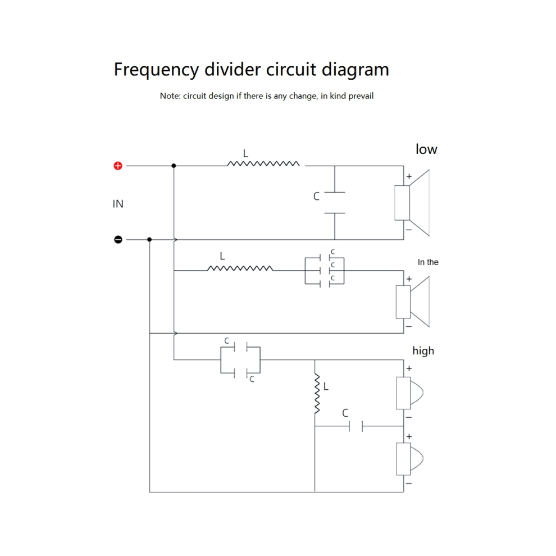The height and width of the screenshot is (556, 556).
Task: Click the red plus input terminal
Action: (x=118, y=166)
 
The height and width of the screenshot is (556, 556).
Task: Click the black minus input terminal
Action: (x=118, y=240)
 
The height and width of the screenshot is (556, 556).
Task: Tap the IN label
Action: (x=118, y=204)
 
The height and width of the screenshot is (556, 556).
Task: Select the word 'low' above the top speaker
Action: (x=426, y=149)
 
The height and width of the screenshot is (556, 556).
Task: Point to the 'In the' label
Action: (x=428, y=262)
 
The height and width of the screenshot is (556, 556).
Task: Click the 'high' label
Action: (x=423, y=350)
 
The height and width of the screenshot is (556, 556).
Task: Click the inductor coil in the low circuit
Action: (x=263, y=163)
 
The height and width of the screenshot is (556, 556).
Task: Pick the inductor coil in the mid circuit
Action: (x=240, y=268)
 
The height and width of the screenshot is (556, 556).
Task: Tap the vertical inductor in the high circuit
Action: (x=317, y=393)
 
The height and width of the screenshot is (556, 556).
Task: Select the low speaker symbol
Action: (x=412, y=203)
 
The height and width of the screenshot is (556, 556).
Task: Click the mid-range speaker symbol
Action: (x=412, y=302)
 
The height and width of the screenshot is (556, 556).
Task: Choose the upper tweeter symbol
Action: (x=409, y=393)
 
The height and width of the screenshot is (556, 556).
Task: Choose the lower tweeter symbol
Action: (x=409, y=459)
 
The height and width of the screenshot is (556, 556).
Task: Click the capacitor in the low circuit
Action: (x=335, y=203)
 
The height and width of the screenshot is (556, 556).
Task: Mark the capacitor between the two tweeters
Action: (x=356, y=426)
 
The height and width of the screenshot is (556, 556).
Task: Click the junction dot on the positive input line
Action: (x=174, y=166)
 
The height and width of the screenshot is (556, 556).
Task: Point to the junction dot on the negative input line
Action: (x=149, y=240)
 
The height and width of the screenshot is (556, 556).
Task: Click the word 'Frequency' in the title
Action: (x=156, y=70)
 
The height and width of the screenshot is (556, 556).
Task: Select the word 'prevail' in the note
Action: (x=361, y=96)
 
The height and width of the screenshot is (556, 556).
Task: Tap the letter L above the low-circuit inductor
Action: (x=245, y=153)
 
